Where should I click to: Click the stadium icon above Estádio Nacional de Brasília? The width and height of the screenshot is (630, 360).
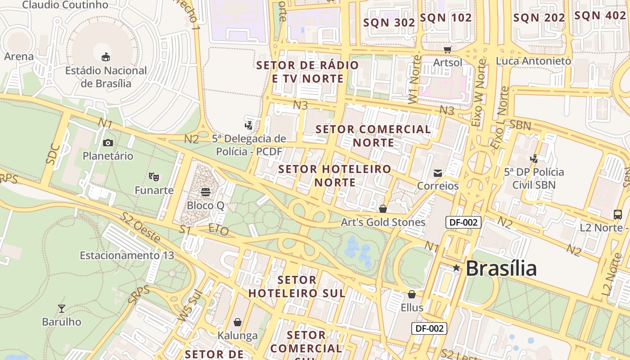(106, 57)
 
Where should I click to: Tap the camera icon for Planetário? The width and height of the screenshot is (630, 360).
(108, 143)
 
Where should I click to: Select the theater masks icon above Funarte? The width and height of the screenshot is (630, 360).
(154, 176)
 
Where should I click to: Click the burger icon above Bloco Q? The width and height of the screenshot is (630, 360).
(206, 192)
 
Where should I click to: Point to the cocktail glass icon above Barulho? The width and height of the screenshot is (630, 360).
(62, 308)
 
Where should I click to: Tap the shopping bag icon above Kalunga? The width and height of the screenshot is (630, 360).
(238, 322)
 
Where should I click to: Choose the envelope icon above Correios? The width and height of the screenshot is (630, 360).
(437, 173)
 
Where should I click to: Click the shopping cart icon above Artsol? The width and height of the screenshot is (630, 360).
(447, 49)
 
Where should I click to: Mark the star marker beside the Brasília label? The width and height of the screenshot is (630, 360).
(456, 268)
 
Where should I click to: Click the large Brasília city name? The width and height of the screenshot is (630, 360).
(501, 269)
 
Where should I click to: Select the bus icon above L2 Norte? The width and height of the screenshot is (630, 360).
(618, 214)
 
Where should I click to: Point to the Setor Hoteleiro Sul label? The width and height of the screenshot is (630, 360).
(297, 287)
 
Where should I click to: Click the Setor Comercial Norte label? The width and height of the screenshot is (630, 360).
(373, 136)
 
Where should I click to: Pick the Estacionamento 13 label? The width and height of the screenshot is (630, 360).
(127, 256)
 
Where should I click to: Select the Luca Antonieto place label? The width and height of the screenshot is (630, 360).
(534, 61)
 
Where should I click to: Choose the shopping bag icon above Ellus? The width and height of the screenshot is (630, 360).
(411, 294)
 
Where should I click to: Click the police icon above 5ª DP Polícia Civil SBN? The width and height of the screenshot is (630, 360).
(534, 158)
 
